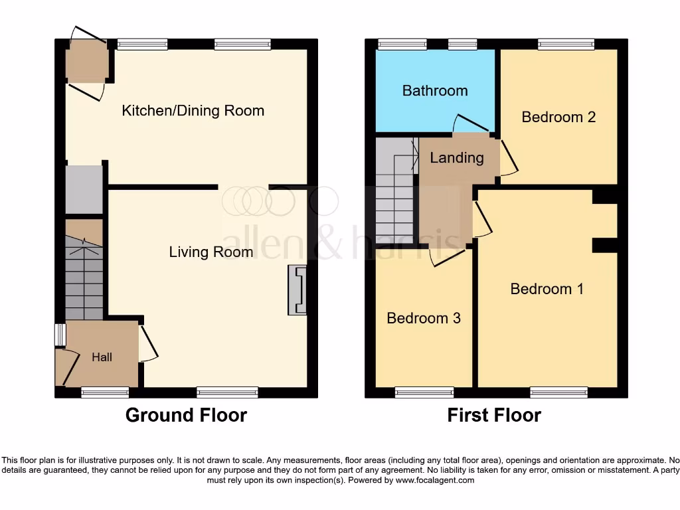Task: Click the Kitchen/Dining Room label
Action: [x=193, y=111]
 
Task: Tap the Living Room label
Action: [x=211, y=252]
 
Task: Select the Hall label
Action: [x=102, y=357]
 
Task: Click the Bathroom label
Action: [x=435, y=91]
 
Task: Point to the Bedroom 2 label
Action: [x=558, y=118]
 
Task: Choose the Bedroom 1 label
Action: [x=547, y=289]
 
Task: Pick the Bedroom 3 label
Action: [x=424, y=318]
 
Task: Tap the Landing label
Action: [x=456, y=158]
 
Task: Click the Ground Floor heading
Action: [x=186, y=416]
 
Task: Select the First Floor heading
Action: [x=494, y=416]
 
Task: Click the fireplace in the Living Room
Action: [x=296, y=290]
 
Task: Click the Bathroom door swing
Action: [x=470, y=124]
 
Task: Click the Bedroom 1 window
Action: [x=558, y=393]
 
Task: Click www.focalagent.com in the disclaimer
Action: [x=435, y=480]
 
